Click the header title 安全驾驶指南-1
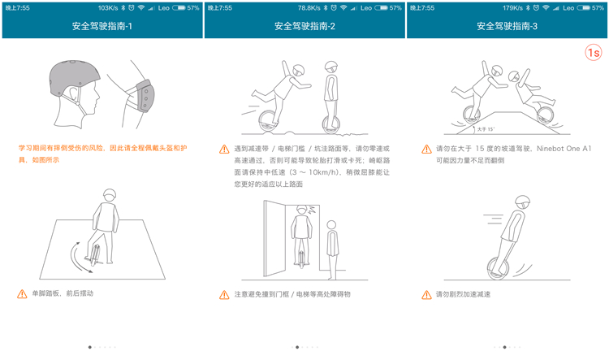coord(101,26)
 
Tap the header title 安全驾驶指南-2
coord(304,26)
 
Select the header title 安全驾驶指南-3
coord(507,26)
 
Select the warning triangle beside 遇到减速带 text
coord(224,150)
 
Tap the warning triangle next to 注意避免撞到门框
coord(224,293)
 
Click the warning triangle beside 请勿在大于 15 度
coord(427,150)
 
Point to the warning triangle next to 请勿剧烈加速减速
coord(427,293)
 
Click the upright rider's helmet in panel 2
coord(330,67)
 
